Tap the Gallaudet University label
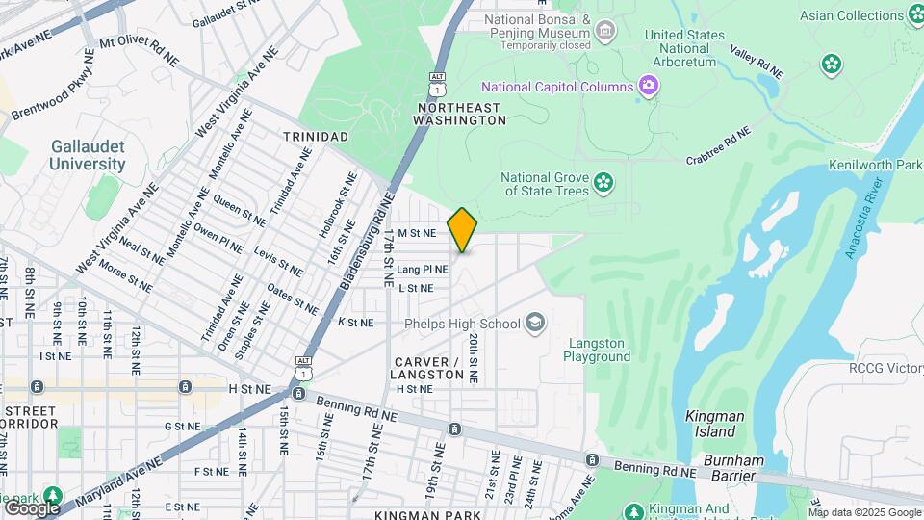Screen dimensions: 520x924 [x=89, y=155]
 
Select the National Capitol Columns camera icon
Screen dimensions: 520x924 [x=649, y=88]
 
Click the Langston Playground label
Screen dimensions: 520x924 [x=597, y=350]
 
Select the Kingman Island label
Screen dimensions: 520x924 [x=715, y=424]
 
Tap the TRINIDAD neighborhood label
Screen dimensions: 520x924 [x=316, y=137]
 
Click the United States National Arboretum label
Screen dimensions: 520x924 [x=685, y=48]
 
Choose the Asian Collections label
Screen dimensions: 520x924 [x=852, y=15]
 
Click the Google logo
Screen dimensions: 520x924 [x=32, y=507]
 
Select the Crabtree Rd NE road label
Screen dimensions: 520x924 [x=718, y=151]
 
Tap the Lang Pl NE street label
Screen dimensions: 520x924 [x=423, y=270]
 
